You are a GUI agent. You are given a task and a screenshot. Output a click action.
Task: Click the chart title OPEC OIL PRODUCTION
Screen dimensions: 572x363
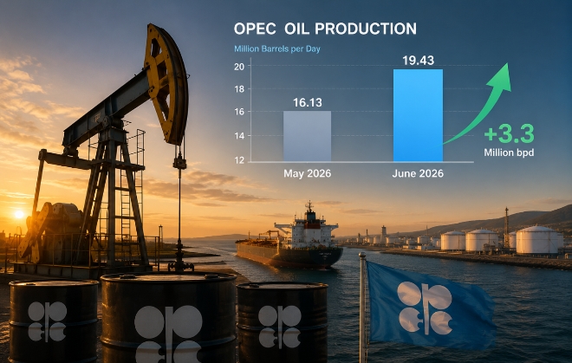click(x=325, y=29)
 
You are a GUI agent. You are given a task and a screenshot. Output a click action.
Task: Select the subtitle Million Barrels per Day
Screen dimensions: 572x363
click(x=277, y=49)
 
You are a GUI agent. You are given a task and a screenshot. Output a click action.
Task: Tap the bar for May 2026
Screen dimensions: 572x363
click(x=307, y=136)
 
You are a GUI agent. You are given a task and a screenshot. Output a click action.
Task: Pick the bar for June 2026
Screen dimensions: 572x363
click(x=418, y=115)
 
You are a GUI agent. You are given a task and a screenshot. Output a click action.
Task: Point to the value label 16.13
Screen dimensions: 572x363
click(x=308, y=102)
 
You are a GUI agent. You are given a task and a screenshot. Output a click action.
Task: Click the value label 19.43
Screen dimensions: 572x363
click(x=419, y=60)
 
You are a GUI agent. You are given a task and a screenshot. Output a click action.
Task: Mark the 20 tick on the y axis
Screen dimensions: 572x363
click(x=239, y=66)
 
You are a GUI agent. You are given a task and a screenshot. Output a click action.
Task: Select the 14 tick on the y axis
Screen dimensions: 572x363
click(x=239, y=136)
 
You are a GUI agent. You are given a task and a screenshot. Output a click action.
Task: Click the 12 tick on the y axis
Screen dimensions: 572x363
click(x=239, y=159)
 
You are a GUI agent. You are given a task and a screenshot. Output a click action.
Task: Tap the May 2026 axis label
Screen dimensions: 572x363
click(x=308, y=173)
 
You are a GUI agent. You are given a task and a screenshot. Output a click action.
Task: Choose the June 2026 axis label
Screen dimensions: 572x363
click(x=418, y=173)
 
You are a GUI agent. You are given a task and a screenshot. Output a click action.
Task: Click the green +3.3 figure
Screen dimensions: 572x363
click(x=510, y=133)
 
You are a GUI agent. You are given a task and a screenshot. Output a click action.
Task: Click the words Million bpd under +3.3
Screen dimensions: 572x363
click(x=510, y=152)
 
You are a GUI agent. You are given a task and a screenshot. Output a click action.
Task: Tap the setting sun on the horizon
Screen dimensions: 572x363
click(x=19, y=215)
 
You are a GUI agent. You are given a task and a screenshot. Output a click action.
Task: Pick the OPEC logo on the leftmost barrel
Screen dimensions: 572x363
click(x=48, y=321)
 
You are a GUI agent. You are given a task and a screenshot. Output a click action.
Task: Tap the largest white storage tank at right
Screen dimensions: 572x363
click(x=539, y=240)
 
